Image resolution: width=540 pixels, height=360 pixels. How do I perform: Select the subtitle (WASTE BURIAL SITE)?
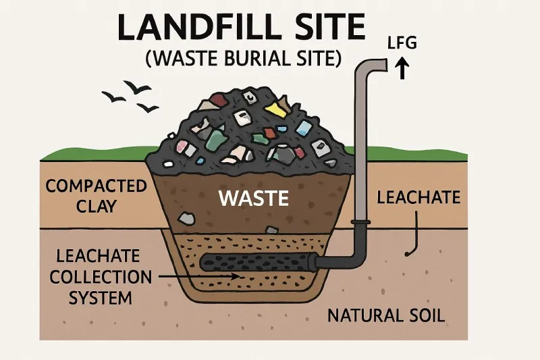pos(241,59)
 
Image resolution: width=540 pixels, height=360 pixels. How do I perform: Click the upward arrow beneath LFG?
pos(404,68)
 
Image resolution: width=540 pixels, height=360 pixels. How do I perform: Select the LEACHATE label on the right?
pos(418,198)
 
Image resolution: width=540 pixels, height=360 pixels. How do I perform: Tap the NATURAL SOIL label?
pos(386,315)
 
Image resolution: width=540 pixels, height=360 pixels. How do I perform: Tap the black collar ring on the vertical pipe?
pos(360,222)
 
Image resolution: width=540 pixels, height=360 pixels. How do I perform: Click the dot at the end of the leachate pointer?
pos(407,253)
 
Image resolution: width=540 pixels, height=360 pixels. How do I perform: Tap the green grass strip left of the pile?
pos(94,153)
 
